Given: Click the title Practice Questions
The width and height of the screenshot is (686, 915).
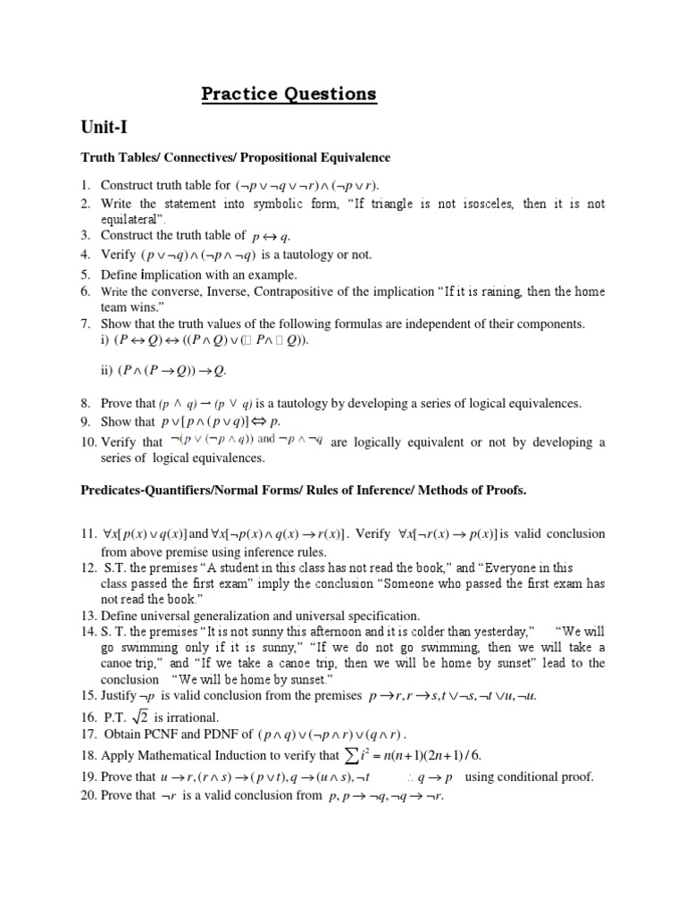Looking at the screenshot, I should click(x=288, y=94).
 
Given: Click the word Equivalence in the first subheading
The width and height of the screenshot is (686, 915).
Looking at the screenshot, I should click(x=352, y=158).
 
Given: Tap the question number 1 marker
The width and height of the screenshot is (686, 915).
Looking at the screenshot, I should click(x=85, y=186).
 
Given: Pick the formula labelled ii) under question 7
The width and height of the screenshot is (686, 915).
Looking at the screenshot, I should click(x=169, y=369).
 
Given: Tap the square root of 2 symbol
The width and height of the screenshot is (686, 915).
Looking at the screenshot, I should click(x=138, y=718).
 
